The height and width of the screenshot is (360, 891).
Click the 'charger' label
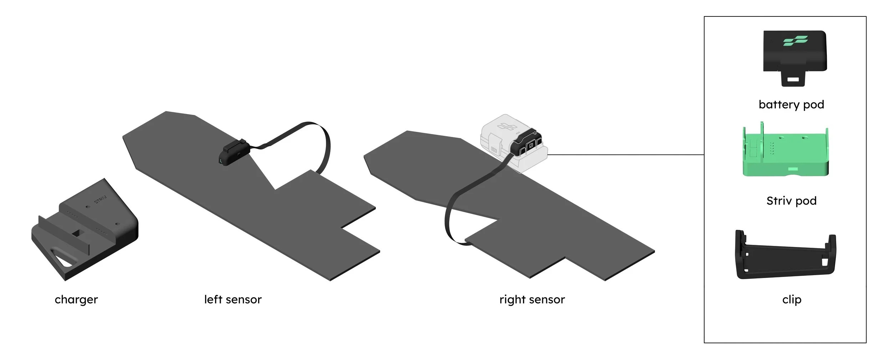(x=76, y=299)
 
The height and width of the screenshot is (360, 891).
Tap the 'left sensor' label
(x=233, y=299)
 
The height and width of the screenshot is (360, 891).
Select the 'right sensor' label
(x=532, y=299)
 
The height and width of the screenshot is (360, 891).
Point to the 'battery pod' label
(x=791, y=104)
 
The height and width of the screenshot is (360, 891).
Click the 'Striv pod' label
(x=791, y=201)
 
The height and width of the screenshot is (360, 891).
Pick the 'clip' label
(x=792, y=299)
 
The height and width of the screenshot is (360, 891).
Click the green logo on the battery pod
(x=795, y=41)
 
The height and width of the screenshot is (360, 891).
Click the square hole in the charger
(x=77, y=233)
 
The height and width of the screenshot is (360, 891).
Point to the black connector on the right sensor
(x=527, y=143)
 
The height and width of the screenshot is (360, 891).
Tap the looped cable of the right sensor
(x=450, y=217)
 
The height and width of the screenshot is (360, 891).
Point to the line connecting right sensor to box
(x=624, y=155)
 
